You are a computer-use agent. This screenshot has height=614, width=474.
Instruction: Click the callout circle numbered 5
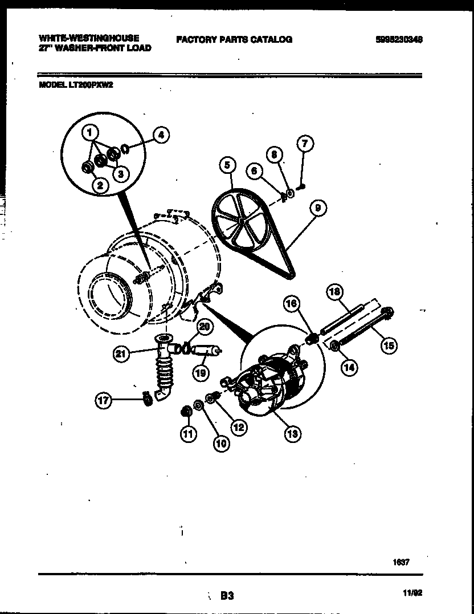click(x=227, y=166)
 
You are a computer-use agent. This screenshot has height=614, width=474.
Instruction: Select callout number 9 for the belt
click(x=317, y=209)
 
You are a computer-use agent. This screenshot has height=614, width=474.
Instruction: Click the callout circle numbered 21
click(x=120, y=354)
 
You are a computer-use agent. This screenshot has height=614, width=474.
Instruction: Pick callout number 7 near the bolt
click(x=305, y=144)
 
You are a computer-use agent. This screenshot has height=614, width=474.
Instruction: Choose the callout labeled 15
click(x=389, y=345)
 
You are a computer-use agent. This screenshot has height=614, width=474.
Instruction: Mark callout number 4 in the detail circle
click(x=161, y=135)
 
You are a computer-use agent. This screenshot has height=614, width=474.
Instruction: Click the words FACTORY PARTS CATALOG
click(x=234, y=39)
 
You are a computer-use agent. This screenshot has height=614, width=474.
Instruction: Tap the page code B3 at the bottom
click(x=227, y=596)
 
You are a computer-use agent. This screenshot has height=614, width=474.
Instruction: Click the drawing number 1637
click(x=401, y=562)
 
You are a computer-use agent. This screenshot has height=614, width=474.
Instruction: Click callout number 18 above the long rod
click(x=334, y=292)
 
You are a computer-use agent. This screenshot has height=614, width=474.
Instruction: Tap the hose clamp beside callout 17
click(x=146, y=400)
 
